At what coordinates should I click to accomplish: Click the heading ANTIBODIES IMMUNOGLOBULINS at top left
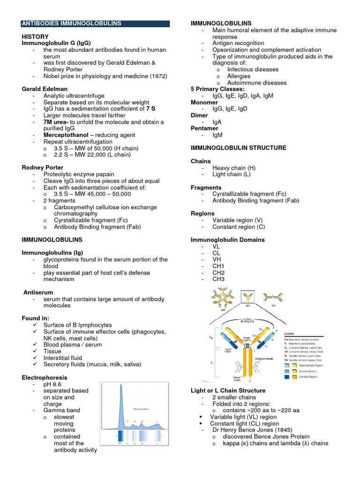point(72,23)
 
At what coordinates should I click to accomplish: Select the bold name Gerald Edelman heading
point(45,89)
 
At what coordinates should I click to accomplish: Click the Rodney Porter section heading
point(43,167)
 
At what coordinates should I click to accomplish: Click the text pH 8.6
point(53,384)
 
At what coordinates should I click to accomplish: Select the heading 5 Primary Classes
point(217,89)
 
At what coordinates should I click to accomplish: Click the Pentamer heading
point(204,128)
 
